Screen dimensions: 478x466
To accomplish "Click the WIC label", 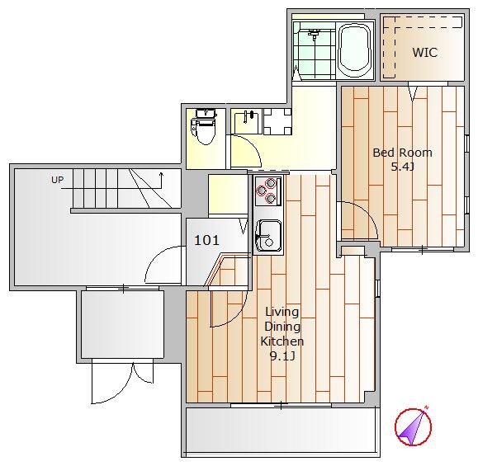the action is (425, 53).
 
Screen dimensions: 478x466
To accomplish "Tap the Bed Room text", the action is (402, 153).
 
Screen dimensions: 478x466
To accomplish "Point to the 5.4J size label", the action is (402, 167).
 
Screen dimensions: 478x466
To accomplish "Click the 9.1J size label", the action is (282, 355).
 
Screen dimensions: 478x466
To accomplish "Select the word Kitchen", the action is (282, 341).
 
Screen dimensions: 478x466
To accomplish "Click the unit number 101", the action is (206, 240).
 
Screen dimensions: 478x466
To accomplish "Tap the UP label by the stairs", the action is (57, 180).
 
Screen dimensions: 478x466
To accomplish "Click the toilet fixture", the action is (204, 127).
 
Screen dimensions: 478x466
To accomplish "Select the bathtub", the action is (355, 49).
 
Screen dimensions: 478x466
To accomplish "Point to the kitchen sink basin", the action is (268, 235).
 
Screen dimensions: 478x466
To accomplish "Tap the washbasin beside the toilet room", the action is (246, 121).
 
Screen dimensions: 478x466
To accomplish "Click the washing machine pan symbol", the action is (277, 122).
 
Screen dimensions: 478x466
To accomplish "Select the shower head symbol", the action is (314, 34).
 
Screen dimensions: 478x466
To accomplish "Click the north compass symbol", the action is (413, 426).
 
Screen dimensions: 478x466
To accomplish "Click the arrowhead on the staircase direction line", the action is (161, 175).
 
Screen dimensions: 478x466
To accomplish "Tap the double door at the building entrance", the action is (122, 381).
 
